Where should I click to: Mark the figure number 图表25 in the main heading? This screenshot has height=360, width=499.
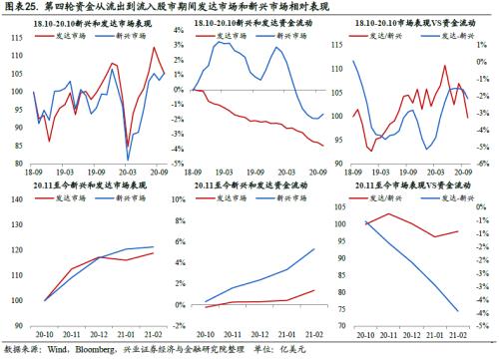click(24, 8)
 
